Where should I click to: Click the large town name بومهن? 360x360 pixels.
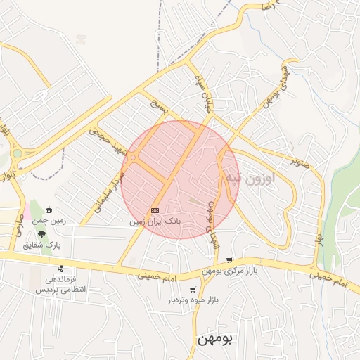coord(214,339)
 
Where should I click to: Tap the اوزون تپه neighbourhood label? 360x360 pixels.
coord(250,178)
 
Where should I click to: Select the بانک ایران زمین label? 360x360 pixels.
coord(155,221)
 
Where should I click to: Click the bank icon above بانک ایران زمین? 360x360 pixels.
coord(155,210)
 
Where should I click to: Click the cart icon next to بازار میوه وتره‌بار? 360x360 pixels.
coord(193,290)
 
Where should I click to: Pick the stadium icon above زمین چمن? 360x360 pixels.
coord(49,210)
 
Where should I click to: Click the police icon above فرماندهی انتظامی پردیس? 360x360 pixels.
coord(61,268)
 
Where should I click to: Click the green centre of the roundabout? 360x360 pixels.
coord(17,153)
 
